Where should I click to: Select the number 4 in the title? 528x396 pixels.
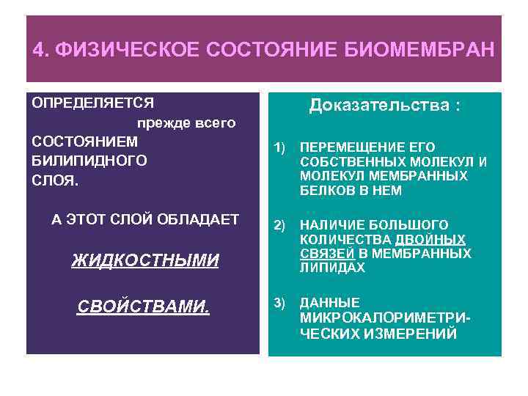[x=38, y=51]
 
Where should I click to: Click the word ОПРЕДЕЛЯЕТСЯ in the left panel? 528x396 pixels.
[x=92, y=103]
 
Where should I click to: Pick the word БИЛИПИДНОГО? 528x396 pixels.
[x=89, y=160]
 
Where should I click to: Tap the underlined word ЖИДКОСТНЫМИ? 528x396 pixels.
[x=145, y=260]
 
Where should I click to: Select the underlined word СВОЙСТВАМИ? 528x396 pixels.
[x=144, y=306]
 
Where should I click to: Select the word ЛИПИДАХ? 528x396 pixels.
[x=332, y=268]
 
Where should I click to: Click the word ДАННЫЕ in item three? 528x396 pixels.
[x=330, y=303]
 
